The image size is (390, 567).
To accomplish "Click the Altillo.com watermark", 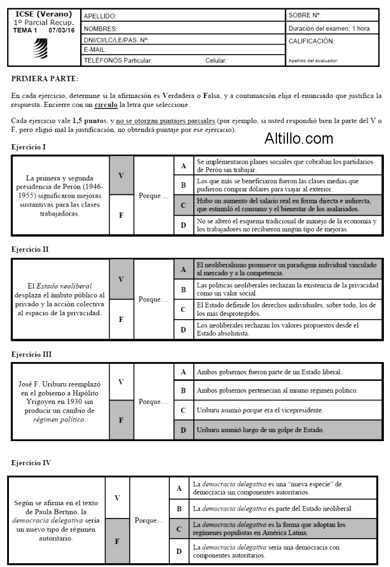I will tap(299, 138).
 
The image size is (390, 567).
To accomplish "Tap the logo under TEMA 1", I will tap(41, 49).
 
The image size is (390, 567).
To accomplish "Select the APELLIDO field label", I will tap(100, 17).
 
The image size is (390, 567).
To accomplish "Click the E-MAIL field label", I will tap(95, 50).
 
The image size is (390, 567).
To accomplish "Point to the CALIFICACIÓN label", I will tap(311, 41).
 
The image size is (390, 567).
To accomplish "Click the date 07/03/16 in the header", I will tap(62, 30).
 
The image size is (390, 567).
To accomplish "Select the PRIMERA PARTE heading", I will tap(45, 80).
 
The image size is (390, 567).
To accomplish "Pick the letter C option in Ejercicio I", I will tap(183, 205).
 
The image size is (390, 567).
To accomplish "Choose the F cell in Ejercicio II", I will tap(121, 319).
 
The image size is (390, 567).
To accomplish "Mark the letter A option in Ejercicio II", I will tap(183, 270).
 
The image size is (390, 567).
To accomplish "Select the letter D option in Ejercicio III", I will tap(183, 430).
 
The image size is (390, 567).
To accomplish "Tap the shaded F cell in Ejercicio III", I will tap(121, 421).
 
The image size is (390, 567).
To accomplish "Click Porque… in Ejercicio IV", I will tap(149, 521).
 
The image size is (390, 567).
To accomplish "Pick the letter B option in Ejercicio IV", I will tap(179, 509).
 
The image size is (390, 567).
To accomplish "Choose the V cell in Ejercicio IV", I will tap(117, 497).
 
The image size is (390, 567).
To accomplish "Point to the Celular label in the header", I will tap(216, 60).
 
